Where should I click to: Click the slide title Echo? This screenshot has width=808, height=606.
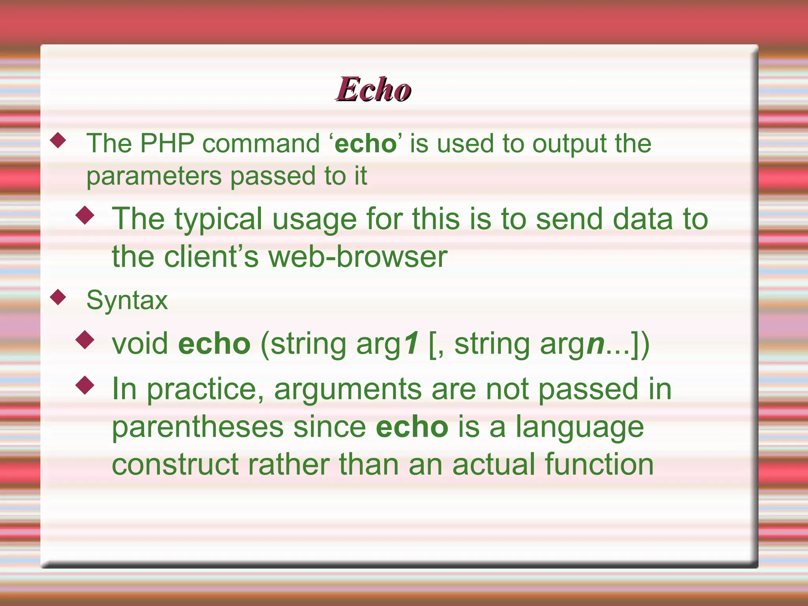point(373,90)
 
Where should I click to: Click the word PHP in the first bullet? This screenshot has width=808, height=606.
point(167,143)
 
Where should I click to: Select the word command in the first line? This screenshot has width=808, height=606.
point(261,143)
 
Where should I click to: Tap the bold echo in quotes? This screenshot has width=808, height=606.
point(365,144)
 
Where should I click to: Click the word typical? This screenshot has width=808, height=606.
point(218,220)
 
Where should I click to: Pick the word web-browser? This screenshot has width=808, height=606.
point(358,257)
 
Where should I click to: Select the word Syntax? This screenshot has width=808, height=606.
point(127,301)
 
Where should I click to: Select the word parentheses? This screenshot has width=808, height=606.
point(198,428)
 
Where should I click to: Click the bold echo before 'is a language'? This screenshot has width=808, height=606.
point(412,427)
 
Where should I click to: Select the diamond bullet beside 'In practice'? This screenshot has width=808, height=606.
point(85,385)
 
